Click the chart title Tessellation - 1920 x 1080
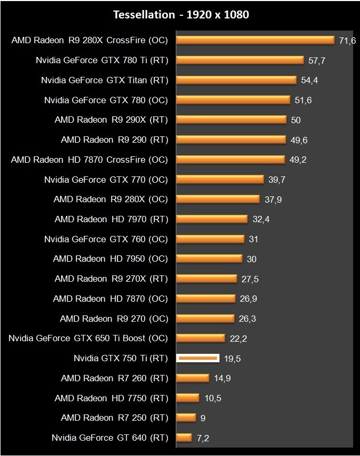click(x=181, y=15)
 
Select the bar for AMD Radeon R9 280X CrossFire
click(x=255, y=40)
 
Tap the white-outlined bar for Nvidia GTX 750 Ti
click(x=197, y=358)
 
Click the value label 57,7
click(x=317, y=61)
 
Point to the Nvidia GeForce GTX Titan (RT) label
click(x=104, y=80)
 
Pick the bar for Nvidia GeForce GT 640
click(x=184, y=437)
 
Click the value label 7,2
click(x=203, y=438)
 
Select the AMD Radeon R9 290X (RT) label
click(x=111, y=120)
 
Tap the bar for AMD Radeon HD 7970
click(x=212, y=219)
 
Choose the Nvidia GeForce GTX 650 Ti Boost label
click(x=88, y=338)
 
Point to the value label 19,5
click(x=233, y=358)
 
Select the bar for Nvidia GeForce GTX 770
click(x=220, y=179)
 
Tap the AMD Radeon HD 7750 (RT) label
click(x=111, y=398)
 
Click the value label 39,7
click(x=277, y=180)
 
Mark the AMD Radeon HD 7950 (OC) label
click(x=110, y=259)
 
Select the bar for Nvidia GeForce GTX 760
click(x=210, y=239)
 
